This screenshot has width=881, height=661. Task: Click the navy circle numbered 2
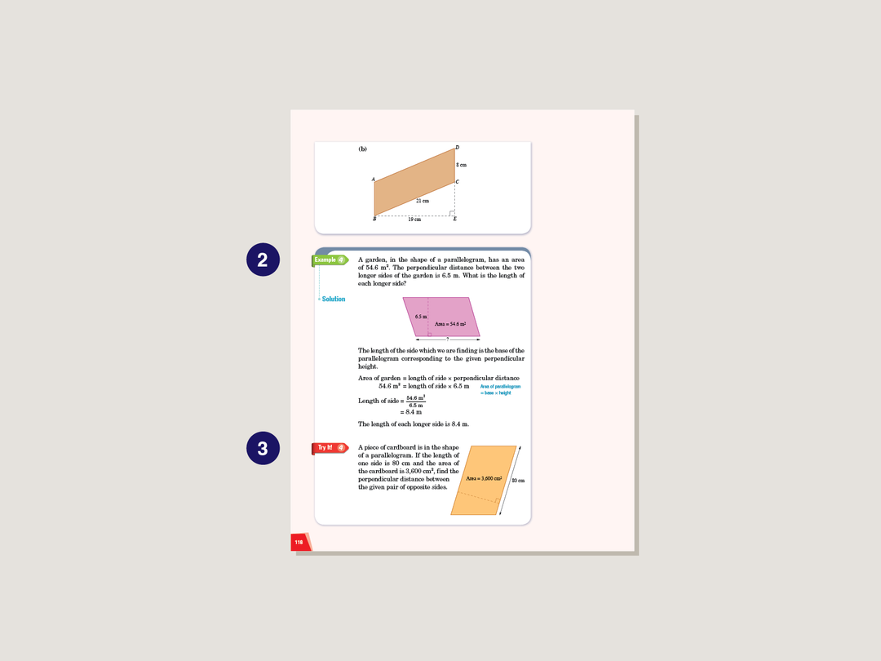[263, 260]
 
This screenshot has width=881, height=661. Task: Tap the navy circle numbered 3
[263, 448]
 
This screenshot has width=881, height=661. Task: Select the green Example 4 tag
[329, 260]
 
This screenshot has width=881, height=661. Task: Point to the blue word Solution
[333, 299]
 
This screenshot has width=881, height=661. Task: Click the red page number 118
[299, 542]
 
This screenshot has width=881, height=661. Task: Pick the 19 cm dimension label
[414, 220]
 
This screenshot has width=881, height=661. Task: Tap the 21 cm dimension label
[422, 201]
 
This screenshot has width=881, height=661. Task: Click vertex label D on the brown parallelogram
[457, 148]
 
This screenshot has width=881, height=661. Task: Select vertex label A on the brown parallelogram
[373, 180]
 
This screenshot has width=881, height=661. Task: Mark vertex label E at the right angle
[455, 219]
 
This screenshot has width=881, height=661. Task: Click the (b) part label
[362, 149]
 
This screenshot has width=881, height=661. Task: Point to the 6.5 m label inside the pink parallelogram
[421, 317]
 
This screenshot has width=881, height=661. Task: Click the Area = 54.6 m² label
[449, 325]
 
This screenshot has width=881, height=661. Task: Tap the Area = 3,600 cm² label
[484, 478]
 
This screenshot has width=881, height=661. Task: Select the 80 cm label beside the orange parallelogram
[518, 481]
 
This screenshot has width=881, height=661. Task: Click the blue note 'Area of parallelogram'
[500, 386]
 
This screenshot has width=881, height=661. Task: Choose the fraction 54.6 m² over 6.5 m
[415, 401]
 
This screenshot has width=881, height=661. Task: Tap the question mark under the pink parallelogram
[447, 338]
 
